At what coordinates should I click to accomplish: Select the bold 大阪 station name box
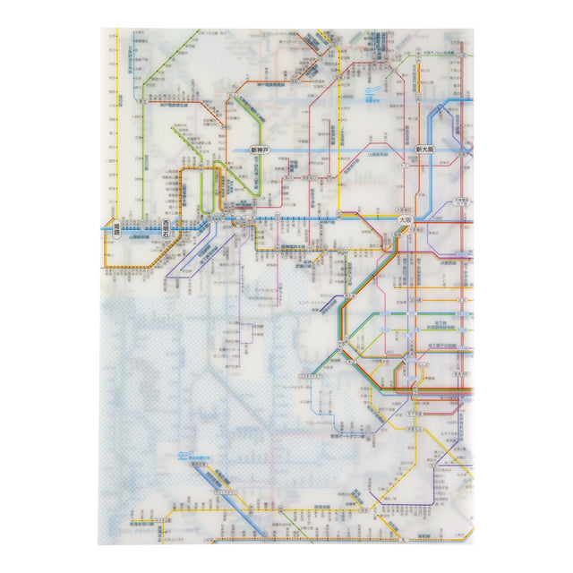[404, 218]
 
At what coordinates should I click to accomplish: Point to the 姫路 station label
[111, 229]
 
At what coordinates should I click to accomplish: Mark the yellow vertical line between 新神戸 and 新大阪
[340, 134]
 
